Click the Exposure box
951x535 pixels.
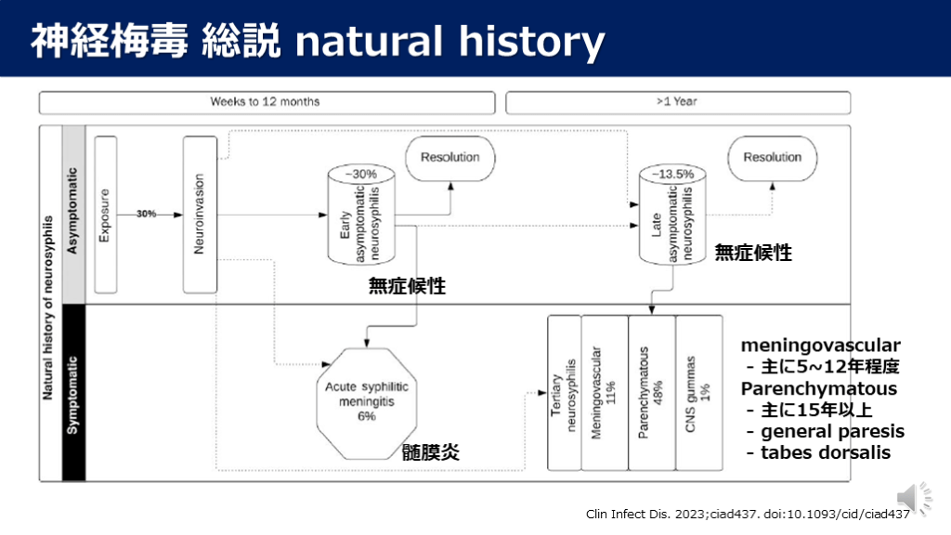point(105,215)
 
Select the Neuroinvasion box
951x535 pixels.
point(200,213)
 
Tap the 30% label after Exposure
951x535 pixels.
point(147,214)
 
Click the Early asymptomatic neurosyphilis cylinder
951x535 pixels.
point(361,215)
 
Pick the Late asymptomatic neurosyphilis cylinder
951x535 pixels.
point(668,215)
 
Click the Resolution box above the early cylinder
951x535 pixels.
point(449,159)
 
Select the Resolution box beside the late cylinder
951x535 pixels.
point(772,159)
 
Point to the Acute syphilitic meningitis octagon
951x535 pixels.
point(366,400)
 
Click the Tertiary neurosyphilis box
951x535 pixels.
point(564,392)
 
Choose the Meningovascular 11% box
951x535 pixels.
point(605,392)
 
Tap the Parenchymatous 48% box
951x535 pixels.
point(651,392)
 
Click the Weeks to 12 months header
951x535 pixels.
point(266,101)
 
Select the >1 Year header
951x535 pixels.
point(677,101)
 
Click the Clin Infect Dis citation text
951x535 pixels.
point(748,515)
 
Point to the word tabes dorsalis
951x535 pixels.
point(825,452)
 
